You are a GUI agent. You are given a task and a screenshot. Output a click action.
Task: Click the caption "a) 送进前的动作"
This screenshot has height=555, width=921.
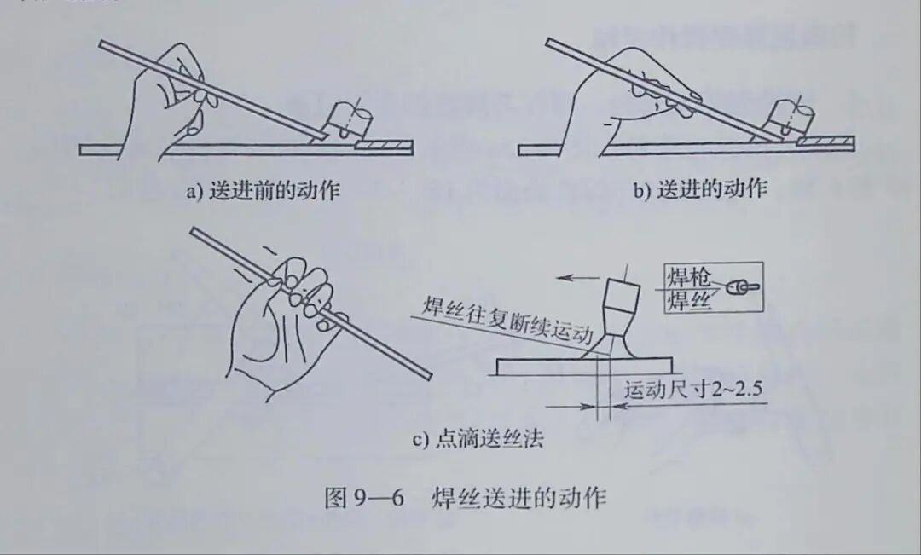263,191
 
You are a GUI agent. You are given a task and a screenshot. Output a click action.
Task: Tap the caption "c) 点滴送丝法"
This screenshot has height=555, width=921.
478,440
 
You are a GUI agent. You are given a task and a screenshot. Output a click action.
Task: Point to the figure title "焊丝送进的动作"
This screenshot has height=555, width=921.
519,497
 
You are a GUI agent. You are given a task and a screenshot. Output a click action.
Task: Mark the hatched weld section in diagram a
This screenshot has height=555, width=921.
384,147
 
